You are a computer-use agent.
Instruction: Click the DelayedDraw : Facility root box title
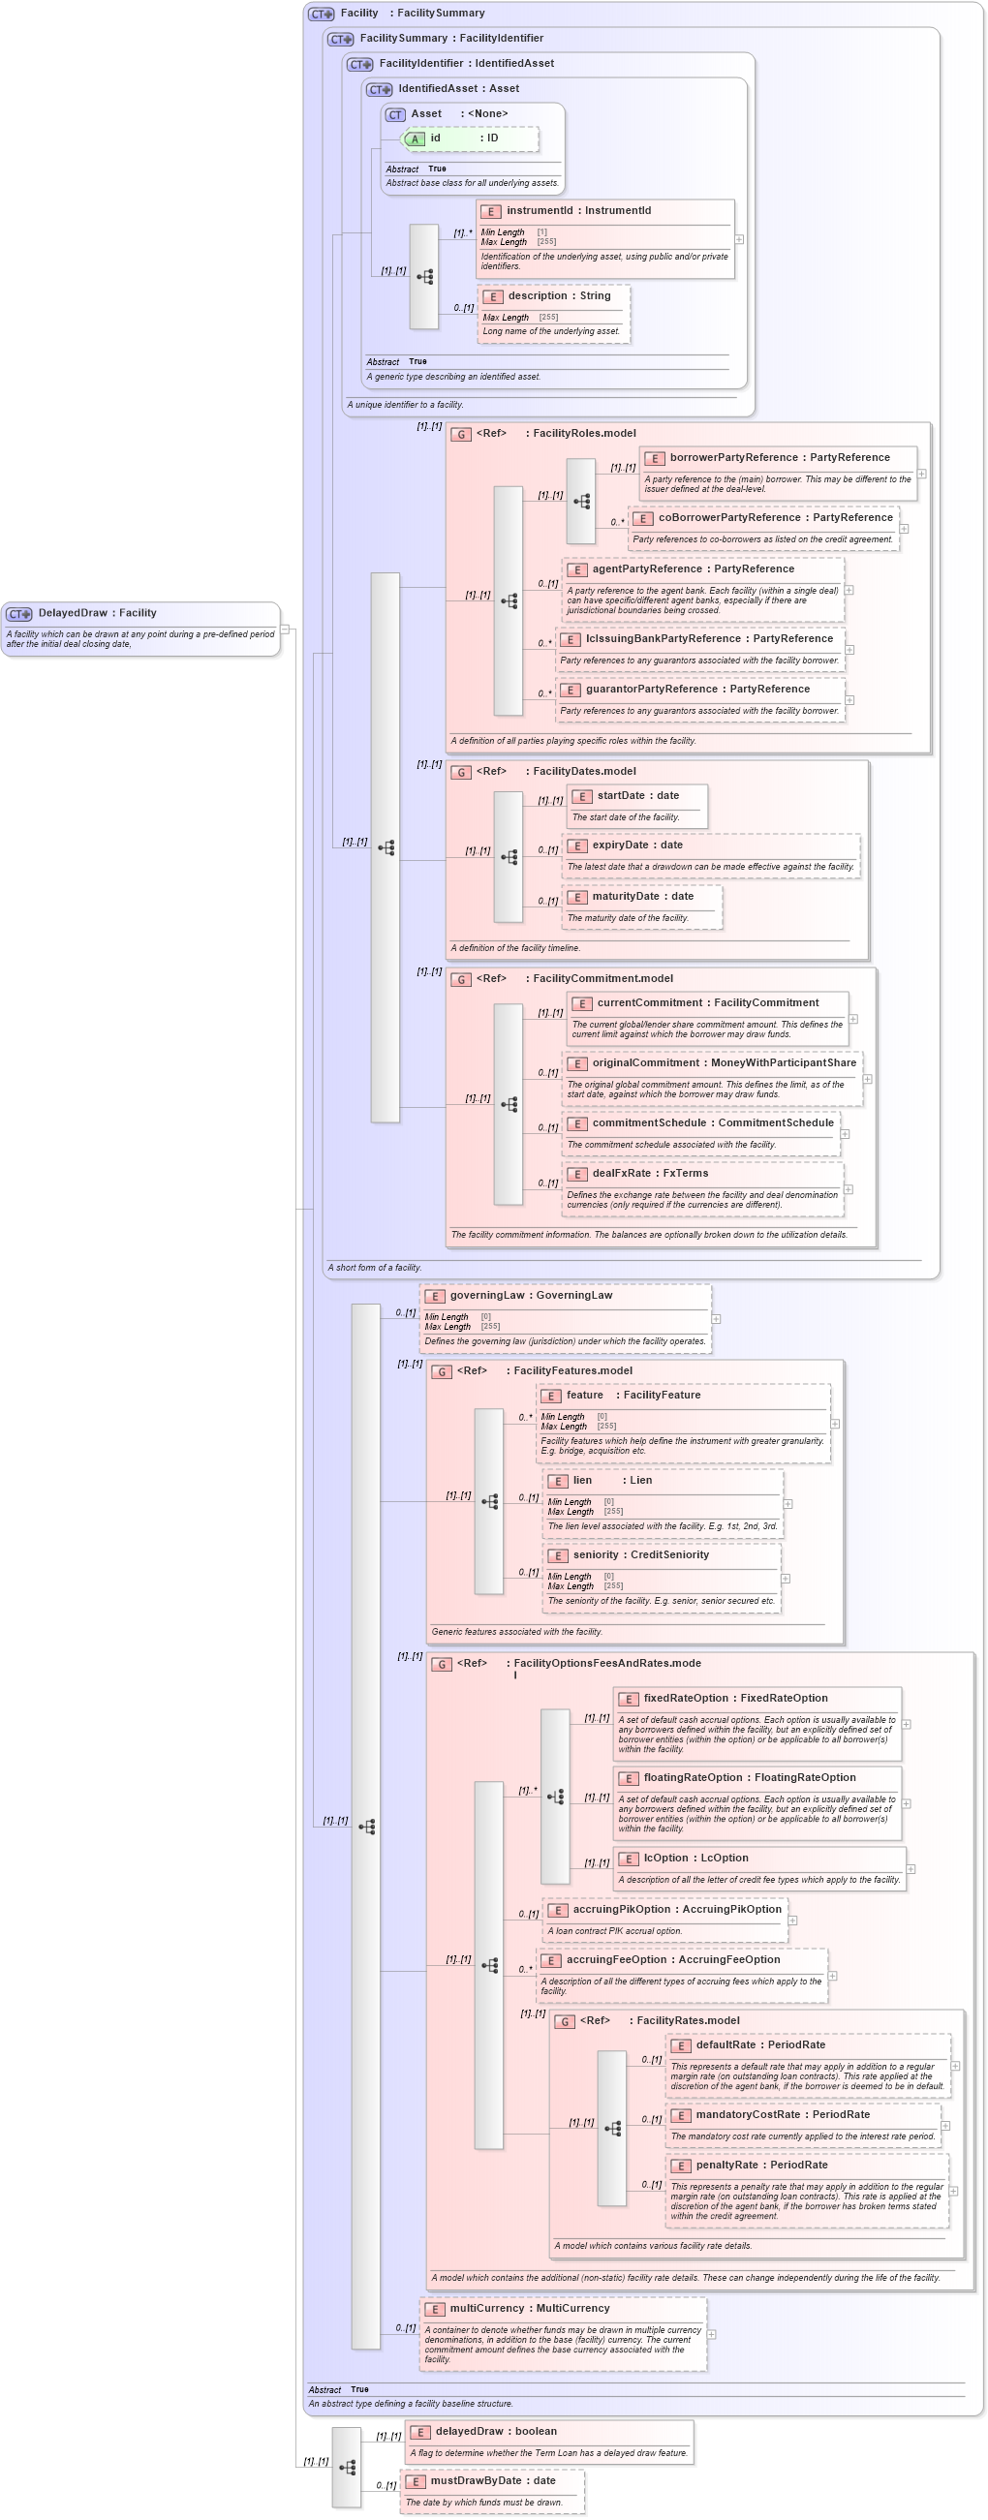(x=97, y=613)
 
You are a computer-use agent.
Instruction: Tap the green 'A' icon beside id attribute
(x=415, y=138)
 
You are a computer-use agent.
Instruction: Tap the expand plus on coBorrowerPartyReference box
(x=904, y=528)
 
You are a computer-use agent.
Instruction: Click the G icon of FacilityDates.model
(x=462, y=772)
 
